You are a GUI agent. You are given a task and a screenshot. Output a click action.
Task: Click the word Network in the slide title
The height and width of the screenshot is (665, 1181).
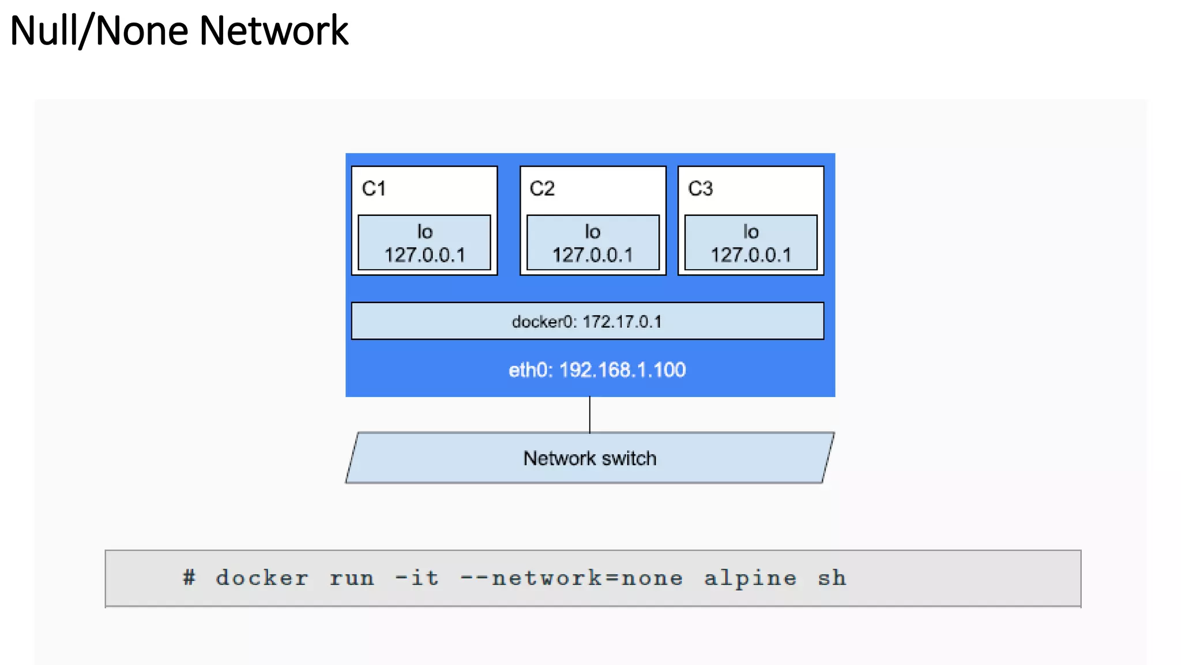pos(273,31)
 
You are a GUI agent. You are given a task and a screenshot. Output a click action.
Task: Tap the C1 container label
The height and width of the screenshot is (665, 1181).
pos(374,189)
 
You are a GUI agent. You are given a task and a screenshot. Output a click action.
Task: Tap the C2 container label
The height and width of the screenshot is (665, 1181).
pos(541,189)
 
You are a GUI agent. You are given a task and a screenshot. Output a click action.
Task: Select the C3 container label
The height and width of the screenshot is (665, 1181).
pos(700,189)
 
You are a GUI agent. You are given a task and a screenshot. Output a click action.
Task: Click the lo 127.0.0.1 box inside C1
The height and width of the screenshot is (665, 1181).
pos(424,243)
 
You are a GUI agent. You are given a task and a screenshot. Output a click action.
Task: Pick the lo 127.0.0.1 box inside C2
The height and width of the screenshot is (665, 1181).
pos(593,243)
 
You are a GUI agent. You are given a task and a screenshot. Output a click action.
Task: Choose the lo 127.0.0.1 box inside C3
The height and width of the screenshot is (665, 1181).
pos(751,243)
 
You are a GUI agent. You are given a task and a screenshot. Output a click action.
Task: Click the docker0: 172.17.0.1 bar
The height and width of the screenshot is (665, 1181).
pos(587,322)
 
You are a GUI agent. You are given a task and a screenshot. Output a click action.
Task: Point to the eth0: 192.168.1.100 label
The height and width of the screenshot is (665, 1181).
pos(597,370)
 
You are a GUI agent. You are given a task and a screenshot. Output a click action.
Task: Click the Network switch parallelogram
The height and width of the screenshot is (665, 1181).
pos(589,458)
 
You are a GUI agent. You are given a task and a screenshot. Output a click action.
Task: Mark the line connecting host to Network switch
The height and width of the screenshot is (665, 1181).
pos(589,414)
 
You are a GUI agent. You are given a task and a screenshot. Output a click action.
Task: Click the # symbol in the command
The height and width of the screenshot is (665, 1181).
pos(189,578)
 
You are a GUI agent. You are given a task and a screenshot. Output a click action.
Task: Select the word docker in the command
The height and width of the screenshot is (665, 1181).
pos(262,578)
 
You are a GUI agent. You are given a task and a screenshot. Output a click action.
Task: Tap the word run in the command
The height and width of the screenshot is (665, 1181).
pos(352,578)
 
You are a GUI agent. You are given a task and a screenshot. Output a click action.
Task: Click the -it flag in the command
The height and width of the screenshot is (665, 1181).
pos(417,578)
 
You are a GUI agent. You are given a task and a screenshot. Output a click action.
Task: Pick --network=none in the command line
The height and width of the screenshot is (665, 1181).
pos(571,578)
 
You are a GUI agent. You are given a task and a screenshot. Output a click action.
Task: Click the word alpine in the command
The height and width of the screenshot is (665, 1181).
pos(750,578)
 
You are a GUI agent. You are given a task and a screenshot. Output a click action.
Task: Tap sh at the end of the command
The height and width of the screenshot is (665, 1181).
pos(832,578)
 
